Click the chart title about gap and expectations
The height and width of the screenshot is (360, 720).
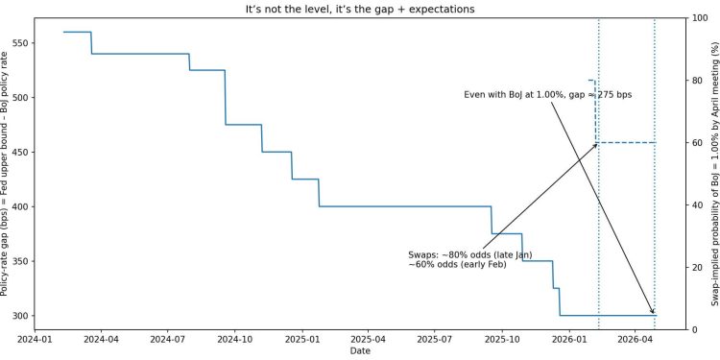pos(360,8)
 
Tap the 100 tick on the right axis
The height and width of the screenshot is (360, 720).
pos(699,18)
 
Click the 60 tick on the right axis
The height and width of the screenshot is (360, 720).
pos(696,143)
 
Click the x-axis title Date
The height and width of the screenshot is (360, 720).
pos(360,352)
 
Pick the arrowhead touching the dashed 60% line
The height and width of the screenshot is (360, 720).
pos(595,145)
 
